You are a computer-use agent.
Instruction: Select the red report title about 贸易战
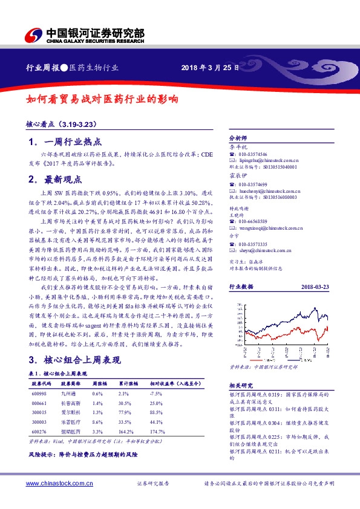pos(102,99)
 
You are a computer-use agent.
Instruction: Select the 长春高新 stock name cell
pos(70,403)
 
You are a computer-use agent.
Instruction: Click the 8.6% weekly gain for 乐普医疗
pos(97,421)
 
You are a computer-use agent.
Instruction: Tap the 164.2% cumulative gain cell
pos(125,431)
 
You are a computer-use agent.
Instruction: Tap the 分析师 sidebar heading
pos(238,138)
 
